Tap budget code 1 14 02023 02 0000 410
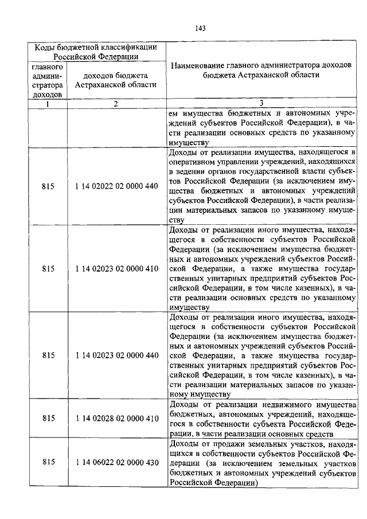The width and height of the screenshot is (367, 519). coord(116,268)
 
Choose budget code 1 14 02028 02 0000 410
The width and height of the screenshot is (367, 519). coord(116,419)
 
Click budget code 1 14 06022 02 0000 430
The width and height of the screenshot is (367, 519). coord(116,462)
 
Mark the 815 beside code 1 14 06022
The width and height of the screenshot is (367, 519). coord(49,462)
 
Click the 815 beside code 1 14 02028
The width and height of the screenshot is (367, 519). coord(49,419)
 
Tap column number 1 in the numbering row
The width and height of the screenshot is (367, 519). coord(48,104)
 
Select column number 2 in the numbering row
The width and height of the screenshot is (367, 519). coord(116,104)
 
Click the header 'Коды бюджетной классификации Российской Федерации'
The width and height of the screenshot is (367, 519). coord(96,52)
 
